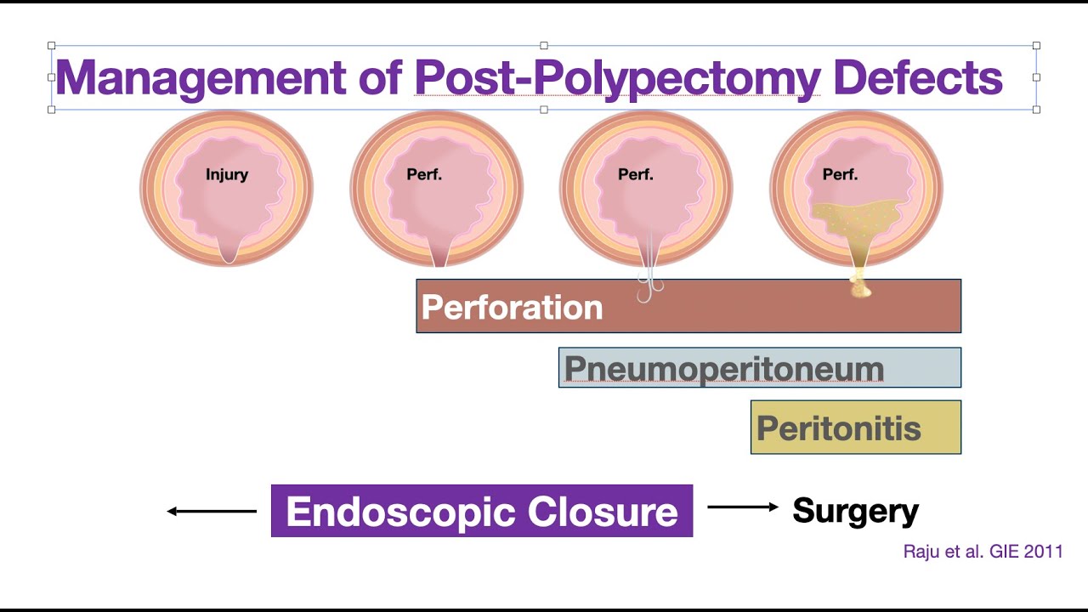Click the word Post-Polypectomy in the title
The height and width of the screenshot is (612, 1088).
(617, 77)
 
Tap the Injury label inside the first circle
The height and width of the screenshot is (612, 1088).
(227, 175)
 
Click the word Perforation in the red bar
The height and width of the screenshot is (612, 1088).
(512, 307)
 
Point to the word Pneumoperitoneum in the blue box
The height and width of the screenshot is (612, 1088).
(724, 369)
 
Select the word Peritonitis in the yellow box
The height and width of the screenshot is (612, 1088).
(839, 428)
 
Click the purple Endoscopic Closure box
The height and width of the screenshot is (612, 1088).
(482, 511)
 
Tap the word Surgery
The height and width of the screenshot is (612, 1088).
(855, 511)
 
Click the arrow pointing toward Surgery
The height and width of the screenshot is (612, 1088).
(742, 507)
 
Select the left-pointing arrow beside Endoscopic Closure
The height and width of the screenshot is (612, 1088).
(212, 511)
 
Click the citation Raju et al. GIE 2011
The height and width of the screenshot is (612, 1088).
(983, 552)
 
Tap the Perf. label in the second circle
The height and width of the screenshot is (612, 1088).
(425, 175)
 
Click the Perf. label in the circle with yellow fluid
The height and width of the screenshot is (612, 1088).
(841, 175)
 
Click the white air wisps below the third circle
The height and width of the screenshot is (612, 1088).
(649, 285)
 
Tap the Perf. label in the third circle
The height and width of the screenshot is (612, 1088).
(636, 175)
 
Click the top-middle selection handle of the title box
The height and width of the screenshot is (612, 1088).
(544, 46)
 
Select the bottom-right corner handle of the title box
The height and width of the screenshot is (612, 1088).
(1036, 109)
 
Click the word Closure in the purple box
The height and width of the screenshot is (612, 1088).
(603, 512)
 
